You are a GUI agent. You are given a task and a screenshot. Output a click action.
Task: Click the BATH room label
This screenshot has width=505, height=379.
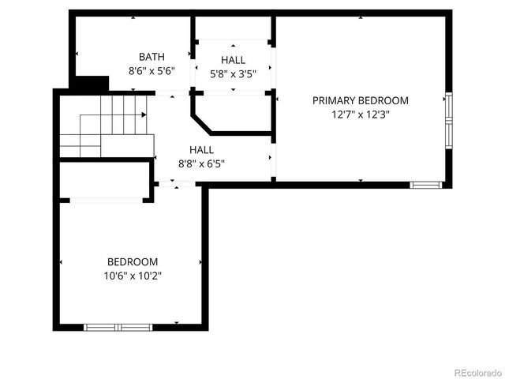(151, 57)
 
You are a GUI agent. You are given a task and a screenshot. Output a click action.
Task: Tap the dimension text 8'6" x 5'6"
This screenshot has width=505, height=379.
(151, 70)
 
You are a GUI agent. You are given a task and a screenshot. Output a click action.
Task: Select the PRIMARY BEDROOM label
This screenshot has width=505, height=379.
(361, 100)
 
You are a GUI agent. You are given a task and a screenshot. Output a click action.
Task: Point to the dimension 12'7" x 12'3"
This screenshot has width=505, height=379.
(361, 114)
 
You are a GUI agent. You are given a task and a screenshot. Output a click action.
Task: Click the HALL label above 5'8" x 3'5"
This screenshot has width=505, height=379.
(233, 60)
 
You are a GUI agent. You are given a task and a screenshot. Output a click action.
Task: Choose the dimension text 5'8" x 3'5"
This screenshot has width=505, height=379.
(233, 73)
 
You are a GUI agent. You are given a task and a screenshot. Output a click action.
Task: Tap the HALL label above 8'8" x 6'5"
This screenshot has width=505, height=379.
(201, 150)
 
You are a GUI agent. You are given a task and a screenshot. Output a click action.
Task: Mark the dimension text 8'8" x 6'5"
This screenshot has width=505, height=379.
(201, 163)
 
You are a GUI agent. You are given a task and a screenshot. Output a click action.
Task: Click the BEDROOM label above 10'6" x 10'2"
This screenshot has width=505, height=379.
(133, 262)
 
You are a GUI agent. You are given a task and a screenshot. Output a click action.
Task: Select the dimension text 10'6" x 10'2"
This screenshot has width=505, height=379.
(133, 276)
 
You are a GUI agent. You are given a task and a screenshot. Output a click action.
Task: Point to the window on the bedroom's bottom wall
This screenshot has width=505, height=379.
(118, 326)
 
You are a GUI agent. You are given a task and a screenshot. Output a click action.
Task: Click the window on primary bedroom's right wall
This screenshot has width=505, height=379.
(448, 121)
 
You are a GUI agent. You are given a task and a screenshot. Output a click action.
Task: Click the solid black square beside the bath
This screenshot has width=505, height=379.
(93, 83)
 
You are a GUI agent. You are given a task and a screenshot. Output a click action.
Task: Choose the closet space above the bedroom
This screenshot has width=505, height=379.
(104, 181)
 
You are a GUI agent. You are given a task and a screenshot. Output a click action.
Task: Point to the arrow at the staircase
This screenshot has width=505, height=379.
(144, 115)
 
